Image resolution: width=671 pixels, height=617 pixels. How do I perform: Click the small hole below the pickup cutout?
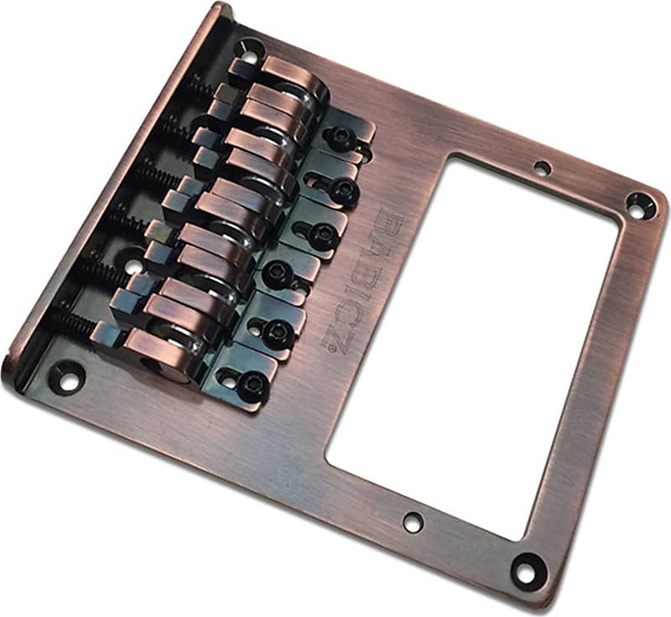(x=412, y=521)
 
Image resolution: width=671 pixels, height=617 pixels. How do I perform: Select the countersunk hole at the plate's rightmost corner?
(x=642, y=201)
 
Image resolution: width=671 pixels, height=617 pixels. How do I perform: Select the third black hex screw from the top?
(x=321, y=236)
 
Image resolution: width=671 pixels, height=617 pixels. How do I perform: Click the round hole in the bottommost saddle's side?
(x=159, y=363)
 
